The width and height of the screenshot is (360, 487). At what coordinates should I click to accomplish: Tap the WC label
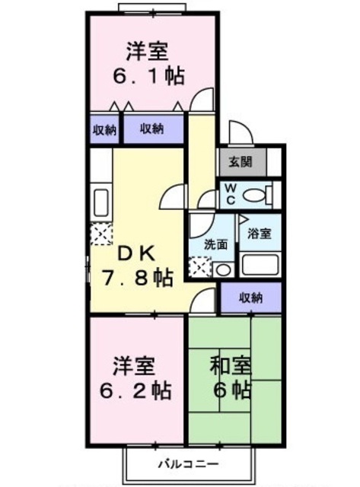pos(229,194)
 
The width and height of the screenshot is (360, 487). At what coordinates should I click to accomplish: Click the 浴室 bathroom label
pos(260,234)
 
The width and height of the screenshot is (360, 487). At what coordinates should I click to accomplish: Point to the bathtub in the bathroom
pos(260,264)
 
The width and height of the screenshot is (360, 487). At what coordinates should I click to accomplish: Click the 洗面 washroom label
pos(215,244)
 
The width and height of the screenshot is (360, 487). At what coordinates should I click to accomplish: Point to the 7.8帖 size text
pos(136,278)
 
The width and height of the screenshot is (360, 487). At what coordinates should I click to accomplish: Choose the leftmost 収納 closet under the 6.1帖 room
pos(104,129)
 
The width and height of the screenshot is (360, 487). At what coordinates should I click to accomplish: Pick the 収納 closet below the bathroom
pos(250,298)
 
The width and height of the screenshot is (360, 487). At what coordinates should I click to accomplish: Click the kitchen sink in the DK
pos(100,204)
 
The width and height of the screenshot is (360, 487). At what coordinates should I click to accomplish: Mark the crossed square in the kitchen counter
pos(100,236)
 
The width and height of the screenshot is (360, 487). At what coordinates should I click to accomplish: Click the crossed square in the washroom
pos(199,266)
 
